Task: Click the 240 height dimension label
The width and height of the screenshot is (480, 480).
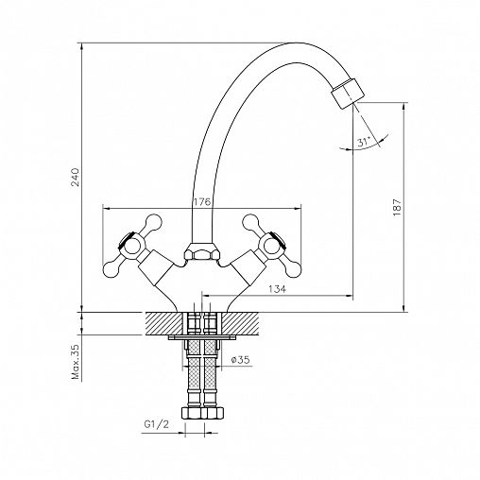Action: [x=76, y=178]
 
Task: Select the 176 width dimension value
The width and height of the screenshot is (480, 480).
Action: [x=201, y=202]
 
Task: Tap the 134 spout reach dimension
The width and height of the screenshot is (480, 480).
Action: [x=278, y=289]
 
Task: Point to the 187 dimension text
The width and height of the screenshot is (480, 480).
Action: [x=397, y=207]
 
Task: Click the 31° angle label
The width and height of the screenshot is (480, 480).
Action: [x=364, y=142]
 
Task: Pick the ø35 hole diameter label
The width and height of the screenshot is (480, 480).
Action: [x=240, y=359]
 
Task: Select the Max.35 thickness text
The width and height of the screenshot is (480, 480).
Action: [x=76, y=361]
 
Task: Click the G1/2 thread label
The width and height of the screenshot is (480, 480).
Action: [x=157, y=424]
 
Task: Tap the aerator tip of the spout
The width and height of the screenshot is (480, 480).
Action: [x=348, y=94]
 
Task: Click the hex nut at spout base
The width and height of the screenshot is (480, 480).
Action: [x=202, y=251]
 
